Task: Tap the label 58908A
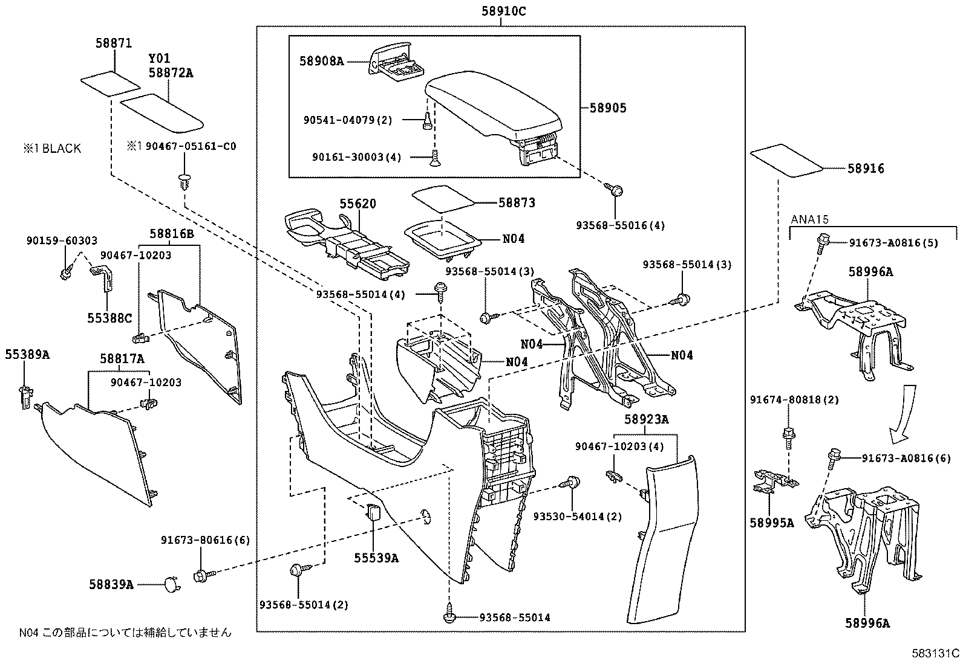coord(321,60)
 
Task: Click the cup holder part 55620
coord(345,245)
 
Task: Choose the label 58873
coord(517,203)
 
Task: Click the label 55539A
coord(376,558)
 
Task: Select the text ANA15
coord(809,220)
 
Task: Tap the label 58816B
coord(172,234)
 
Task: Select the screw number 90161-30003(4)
coord(357,157)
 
